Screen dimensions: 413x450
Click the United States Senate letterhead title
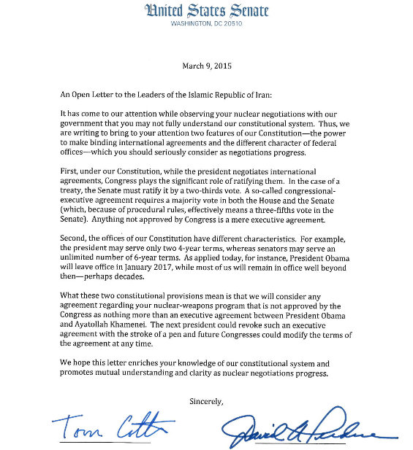[x=207, y=11]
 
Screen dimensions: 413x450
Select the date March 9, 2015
[x=207, y=66]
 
